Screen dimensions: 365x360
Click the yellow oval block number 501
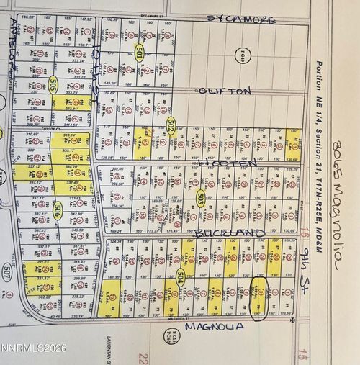point(140,51)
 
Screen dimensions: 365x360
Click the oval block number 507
point(8,273)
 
